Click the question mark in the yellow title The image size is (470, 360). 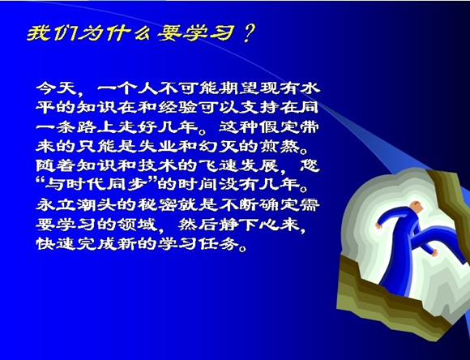pos(248,32)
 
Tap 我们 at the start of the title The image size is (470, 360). pos(51,32)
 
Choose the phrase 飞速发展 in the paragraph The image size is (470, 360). pos(239,166)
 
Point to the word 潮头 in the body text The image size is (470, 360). pos(97,205)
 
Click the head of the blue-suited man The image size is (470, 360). pos(416,207)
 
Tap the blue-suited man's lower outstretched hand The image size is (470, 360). pos(434,253)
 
